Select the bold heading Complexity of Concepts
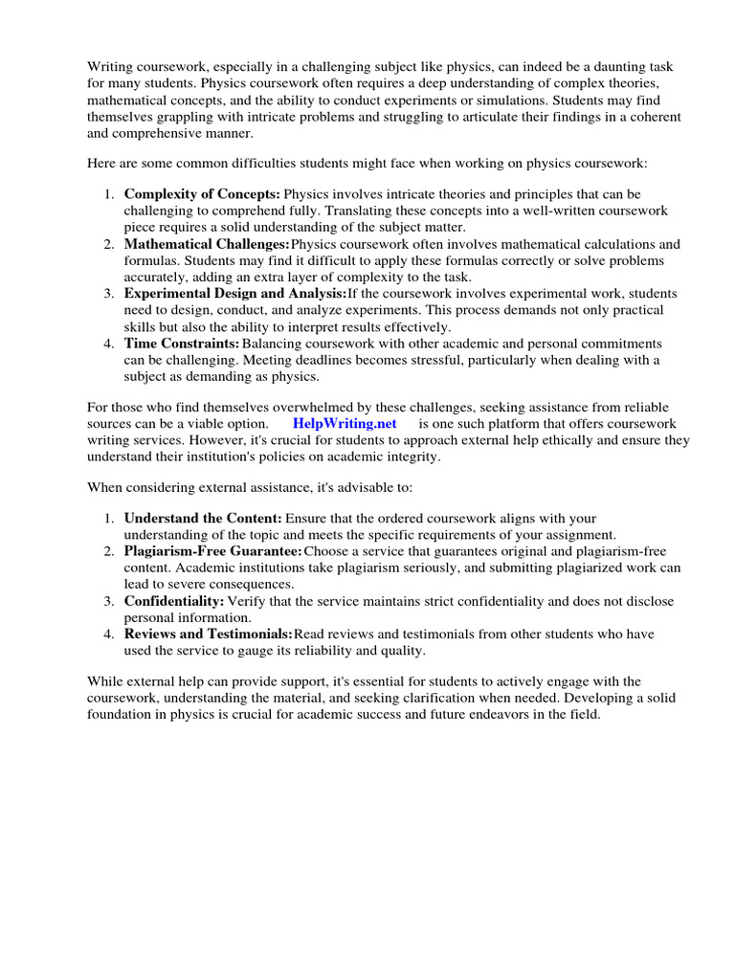pos(202,194)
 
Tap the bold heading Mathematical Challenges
pos(207,245)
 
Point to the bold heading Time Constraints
pos(182,344)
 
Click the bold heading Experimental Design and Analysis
pos(235,294)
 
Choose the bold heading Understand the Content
pos(203,518)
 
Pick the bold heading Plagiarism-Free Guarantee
pos(212,551)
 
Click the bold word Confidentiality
pos(174,601)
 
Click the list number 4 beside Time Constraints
pos(110,344)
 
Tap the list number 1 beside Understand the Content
pos(110,518)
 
